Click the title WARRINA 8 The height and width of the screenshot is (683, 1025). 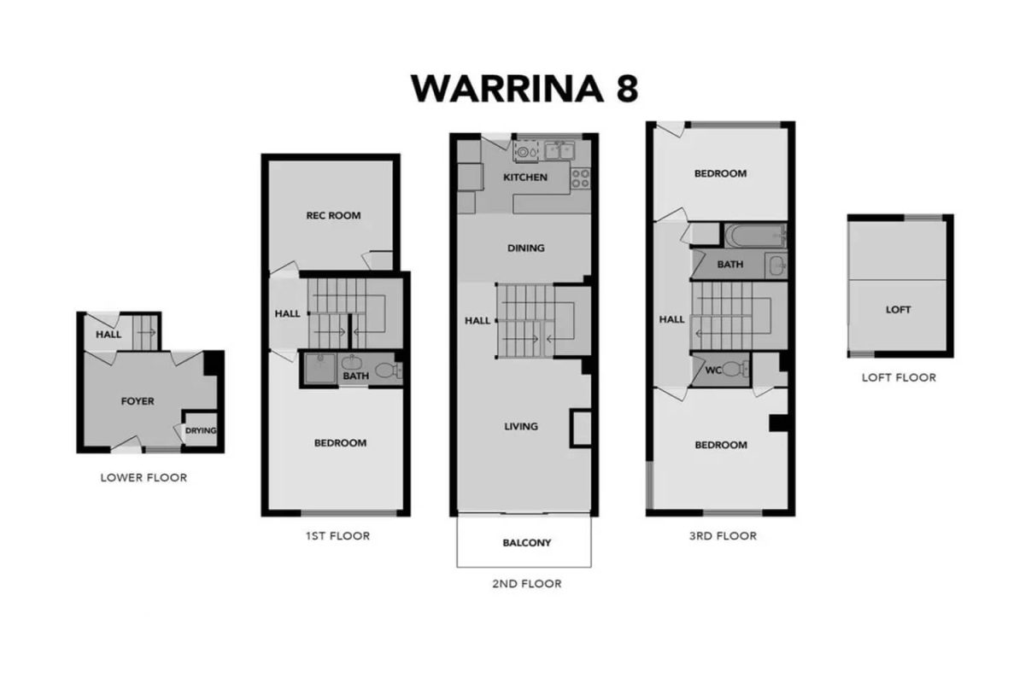(x=524, y=88)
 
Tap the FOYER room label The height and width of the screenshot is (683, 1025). (x=138, y=401)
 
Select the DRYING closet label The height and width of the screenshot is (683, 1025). (x=201, y=430)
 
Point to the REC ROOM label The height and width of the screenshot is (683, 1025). (x=333, y=215)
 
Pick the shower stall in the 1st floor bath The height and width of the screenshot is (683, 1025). (x=321, y=368)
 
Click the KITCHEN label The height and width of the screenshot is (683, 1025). (x=525, y=177)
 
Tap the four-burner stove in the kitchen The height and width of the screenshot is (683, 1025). (x=580, y=178)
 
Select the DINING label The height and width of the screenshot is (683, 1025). (x=526, y=248)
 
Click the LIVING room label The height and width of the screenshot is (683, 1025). (x=521, y=426)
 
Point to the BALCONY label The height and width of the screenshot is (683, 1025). (x=527, y=542)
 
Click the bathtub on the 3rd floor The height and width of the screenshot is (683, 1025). (x=755, y=236)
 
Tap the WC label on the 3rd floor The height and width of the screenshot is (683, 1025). (x=713, y=370)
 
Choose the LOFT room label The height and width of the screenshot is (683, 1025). (x=898, y=310)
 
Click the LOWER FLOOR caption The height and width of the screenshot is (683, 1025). (x=143, y=477)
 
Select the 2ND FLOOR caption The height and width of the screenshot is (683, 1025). (x=527, y=584)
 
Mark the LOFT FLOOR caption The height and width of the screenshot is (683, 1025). (x=899, y=377)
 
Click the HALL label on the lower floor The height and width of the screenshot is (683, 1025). (x=108, y=335)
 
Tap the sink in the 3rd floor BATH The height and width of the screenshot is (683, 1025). (x=777, y=266)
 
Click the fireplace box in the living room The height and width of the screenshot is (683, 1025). (x=581, y=429)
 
